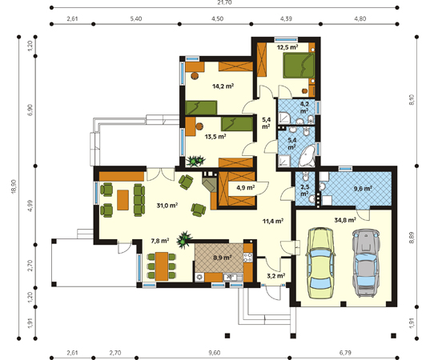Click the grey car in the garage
(x=366, y=262)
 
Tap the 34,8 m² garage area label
(x=345, y=220)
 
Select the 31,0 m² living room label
(x=167, y=206)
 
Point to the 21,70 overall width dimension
(x=224, y=2)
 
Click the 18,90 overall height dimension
(x=14, y=187)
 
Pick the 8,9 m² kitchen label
(x=223, y=258)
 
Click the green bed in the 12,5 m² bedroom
(x=299, y=66)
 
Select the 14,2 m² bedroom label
(x=223, y=86)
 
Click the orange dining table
(x=162, y=266)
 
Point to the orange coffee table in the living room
(x=123, y=200)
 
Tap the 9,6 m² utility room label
(x=363, y=189)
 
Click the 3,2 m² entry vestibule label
(x=276, y=276)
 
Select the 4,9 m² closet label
(x=246, y=188)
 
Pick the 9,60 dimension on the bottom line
(x=214, y=353)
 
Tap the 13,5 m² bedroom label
(x=215, y=137)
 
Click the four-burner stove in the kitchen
(x=248, y=258)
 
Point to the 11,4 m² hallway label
(x=273, y=221)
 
